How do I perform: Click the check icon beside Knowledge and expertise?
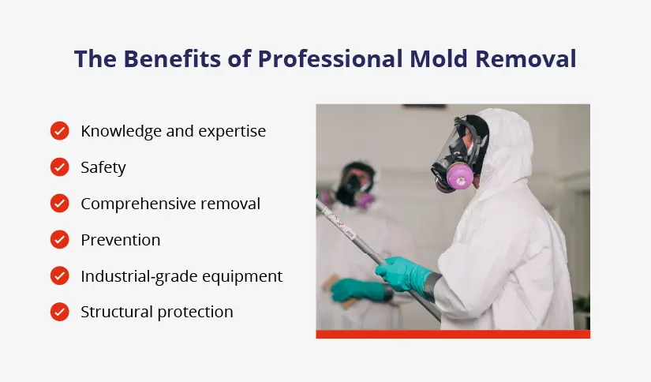(59, 131)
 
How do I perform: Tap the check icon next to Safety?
(59, 167)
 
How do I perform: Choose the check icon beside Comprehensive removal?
(59, 204)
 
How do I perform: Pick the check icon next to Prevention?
(59, 240)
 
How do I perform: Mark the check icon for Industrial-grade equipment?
(59, 276)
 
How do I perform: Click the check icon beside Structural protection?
(59, 312)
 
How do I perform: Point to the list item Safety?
(103, 167)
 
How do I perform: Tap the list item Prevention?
(120, 240)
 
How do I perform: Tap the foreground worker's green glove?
(402, 273)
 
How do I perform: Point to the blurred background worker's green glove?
(355, 290)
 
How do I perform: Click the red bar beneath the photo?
(453, 334)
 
